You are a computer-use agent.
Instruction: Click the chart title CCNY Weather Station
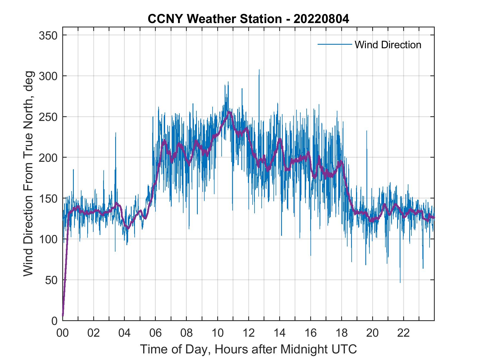(248, 19)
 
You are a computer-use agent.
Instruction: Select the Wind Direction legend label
(388, 45)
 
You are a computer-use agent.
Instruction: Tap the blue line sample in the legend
(334, 44)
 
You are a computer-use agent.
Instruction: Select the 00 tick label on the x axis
(63, 333)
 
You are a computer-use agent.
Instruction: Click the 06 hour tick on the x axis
(156, 333)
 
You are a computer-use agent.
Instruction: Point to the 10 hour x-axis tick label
(218, 333)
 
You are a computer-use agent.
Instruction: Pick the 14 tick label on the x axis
(279, 333)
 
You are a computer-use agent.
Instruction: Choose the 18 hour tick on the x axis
(341, 333)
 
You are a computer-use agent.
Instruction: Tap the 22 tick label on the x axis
(403, 333)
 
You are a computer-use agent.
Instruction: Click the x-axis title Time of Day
(248, 349)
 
